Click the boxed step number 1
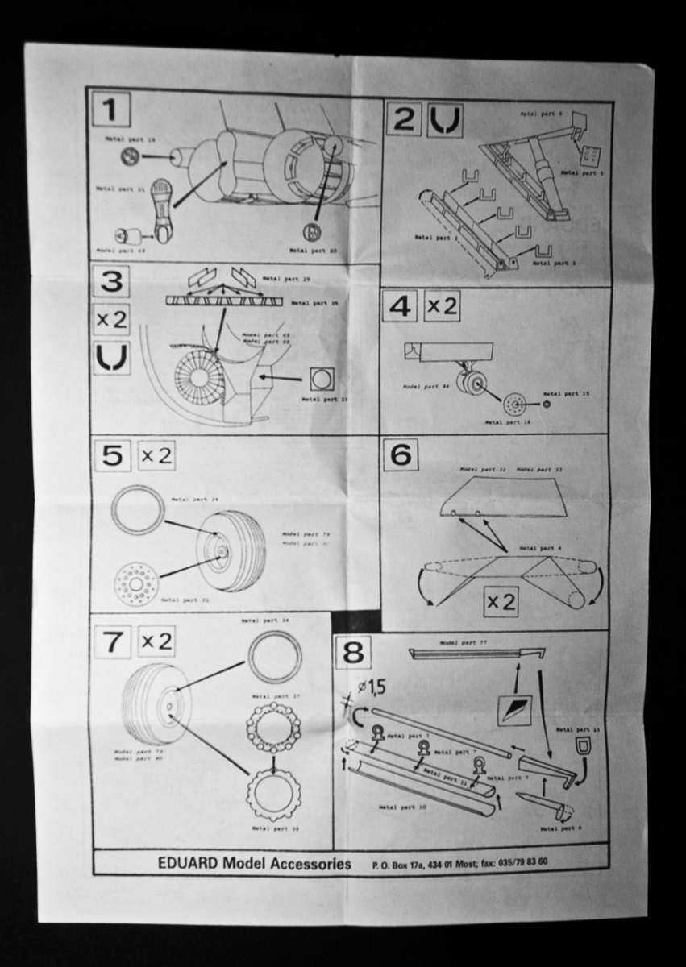[110, 110]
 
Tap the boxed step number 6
[401, 455]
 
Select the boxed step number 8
[353, 652]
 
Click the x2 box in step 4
[441, 306]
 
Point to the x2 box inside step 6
[501, 601]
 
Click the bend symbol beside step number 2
[445, 120]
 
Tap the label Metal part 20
[314, 251]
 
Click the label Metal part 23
[320, 399]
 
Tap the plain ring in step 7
[274, 657]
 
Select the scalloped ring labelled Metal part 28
[273, 794]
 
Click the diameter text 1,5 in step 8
[371, 687]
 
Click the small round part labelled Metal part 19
[129, 156]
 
